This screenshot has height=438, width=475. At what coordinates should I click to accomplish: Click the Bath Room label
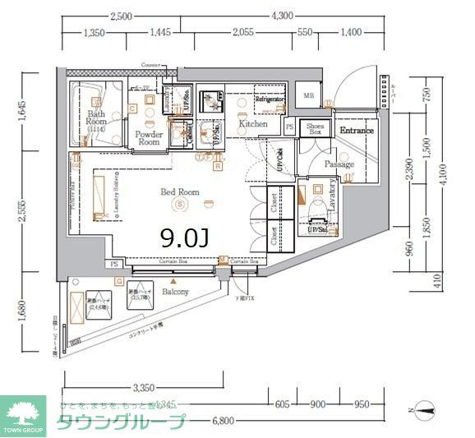97,121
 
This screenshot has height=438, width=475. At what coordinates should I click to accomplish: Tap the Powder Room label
149,137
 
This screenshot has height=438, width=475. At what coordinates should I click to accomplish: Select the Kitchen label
253,124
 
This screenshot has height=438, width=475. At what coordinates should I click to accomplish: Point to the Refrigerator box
269,99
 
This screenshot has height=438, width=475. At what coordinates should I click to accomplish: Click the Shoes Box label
316,128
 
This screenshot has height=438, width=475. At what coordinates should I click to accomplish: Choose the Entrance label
357,131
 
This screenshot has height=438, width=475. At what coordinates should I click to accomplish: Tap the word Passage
339,164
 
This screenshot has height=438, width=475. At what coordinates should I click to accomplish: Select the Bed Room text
179,191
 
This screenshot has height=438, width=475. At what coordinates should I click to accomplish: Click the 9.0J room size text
184,237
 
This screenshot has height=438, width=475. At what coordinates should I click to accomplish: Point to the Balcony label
175,292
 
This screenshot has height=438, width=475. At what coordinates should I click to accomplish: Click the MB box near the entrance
309,96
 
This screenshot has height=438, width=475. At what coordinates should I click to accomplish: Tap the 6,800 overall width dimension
222,422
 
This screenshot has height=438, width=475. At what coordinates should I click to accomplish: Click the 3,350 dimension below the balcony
143,388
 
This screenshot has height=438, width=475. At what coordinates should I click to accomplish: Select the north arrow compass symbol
426,406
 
